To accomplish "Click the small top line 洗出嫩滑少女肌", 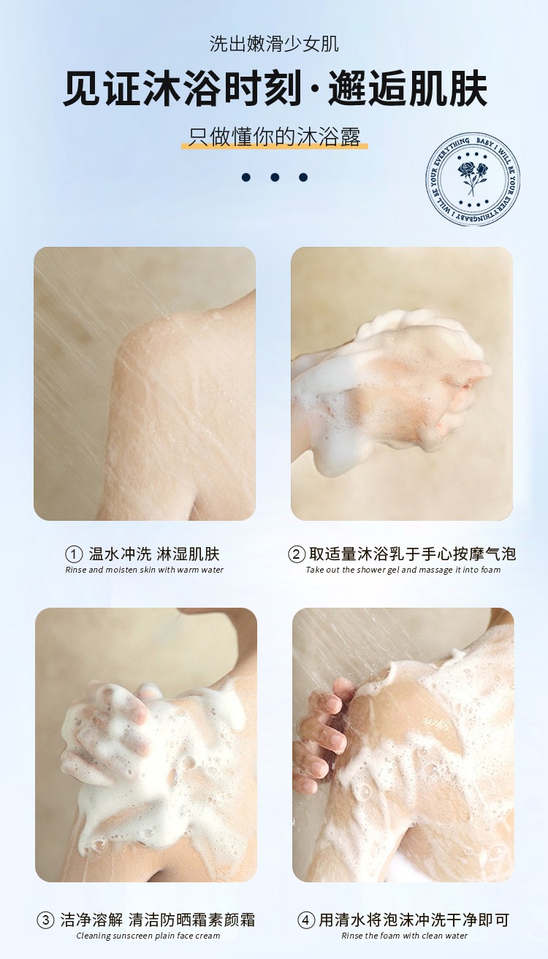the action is [274, 44].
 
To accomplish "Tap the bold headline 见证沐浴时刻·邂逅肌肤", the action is [275, 89].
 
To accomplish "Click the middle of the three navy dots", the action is [275, 177].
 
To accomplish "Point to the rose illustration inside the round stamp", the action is [472, 177].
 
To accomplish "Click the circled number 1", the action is [74, 555].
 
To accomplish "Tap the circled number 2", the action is [296, 555].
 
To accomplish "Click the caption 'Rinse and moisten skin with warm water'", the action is [144, 570].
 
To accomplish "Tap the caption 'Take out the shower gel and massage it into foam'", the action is [403, 570].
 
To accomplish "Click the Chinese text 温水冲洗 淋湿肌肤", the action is [154, 554].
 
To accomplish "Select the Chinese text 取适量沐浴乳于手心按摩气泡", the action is [412, 554].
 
